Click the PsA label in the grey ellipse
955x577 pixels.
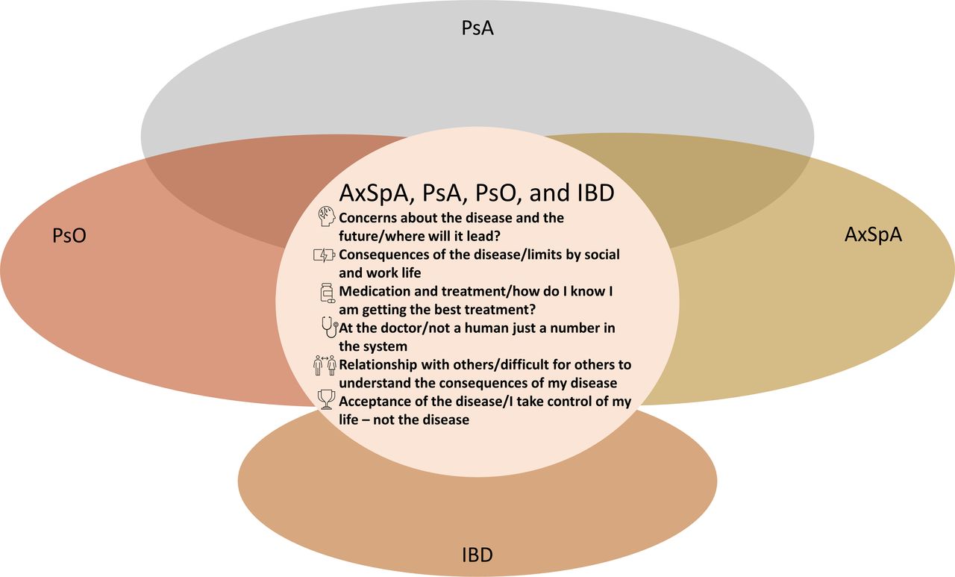pos(477,28)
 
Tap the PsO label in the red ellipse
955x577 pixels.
pos(69,235)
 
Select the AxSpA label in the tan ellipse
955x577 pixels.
pos(873,234)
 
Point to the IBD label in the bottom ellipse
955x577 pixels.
pos(477,555)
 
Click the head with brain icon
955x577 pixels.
pos(327,216)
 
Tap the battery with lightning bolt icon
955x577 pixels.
pos(325,255)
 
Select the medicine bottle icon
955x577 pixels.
pos(328,293)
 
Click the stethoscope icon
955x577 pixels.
pos(330,327)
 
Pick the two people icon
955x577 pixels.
pos(325,366)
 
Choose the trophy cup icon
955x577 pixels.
pos(327,399)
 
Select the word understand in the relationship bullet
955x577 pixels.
pos(375,383)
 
